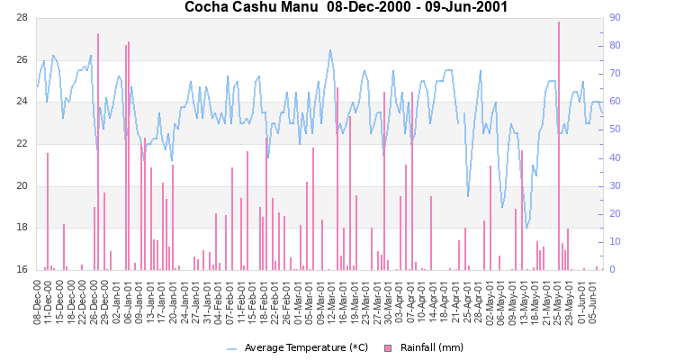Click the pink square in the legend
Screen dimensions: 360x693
(388, 348)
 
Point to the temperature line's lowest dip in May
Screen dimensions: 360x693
(526, 227)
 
